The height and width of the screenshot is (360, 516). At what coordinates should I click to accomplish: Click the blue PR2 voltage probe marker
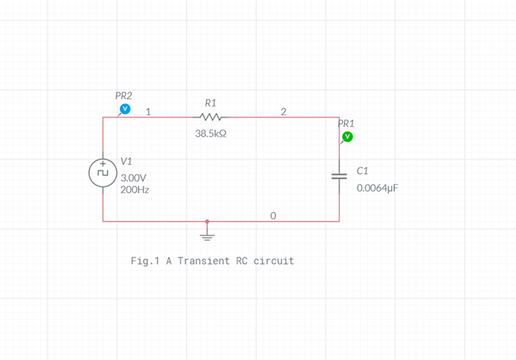(124, 109)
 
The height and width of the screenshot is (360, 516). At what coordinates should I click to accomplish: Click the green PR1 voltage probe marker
(347, 137)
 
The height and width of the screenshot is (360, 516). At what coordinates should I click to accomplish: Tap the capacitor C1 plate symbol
(339, 176)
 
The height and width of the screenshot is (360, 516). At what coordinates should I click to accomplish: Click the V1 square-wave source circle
(103, 172)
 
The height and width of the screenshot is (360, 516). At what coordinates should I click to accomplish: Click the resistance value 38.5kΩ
(211, 134)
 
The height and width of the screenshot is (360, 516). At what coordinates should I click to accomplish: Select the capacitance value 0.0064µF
(377, 188)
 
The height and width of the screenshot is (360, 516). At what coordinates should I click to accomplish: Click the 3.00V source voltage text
(134, 178)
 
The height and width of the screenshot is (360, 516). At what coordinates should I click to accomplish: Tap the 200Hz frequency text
(134, 191)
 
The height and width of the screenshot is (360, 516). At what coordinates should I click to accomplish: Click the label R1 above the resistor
(211, 103)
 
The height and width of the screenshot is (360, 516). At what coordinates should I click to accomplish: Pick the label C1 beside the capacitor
(363, 171)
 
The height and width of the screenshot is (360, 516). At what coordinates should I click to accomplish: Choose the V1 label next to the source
(126, 161)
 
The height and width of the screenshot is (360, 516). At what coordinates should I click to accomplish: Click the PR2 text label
(124, 95)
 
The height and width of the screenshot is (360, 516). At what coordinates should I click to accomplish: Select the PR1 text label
(346, 123)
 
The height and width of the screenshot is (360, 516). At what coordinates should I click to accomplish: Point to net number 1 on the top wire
(149, 112)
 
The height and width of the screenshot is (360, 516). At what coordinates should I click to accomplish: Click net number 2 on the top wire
(283, 112)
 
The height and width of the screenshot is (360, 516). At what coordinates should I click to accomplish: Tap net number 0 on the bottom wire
(274, 215)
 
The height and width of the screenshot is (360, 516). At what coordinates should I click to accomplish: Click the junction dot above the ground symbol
(207, 222)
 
